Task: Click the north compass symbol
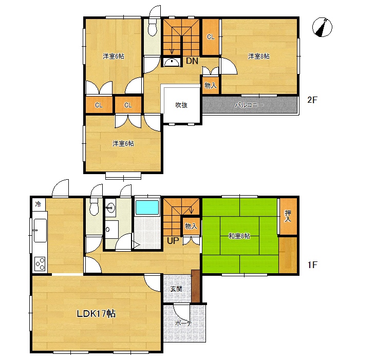click(x=322, y=27)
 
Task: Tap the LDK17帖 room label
click(x=96, y=313)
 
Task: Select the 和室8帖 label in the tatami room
click(x=239, y=236)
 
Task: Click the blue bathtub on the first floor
click(x=147, y=207)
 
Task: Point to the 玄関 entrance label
click(x=176, y=289)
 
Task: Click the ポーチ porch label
click(x=184, y=324)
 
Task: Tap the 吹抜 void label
click(x=181, y=105)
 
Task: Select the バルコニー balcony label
click(x=249, y=105)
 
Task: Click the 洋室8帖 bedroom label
click(x=259, y=56)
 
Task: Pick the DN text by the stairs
click(x=192, y=61)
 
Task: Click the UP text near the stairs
click(x=173, y=241)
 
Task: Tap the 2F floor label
click(x=312, y=100)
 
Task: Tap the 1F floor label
click(x=312, y=265)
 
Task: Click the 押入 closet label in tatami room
click(x=288, y=216)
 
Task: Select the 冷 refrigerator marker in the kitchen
click(x=38, y=204)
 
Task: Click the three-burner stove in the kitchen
click(x=40, y=263)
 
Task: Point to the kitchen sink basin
click(x=40, y=231)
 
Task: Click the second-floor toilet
click(x=152, y=27)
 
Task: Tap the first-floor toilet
click(x=93, y=206)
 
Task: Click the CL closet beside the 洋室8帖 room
click(x=211, y=37)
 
